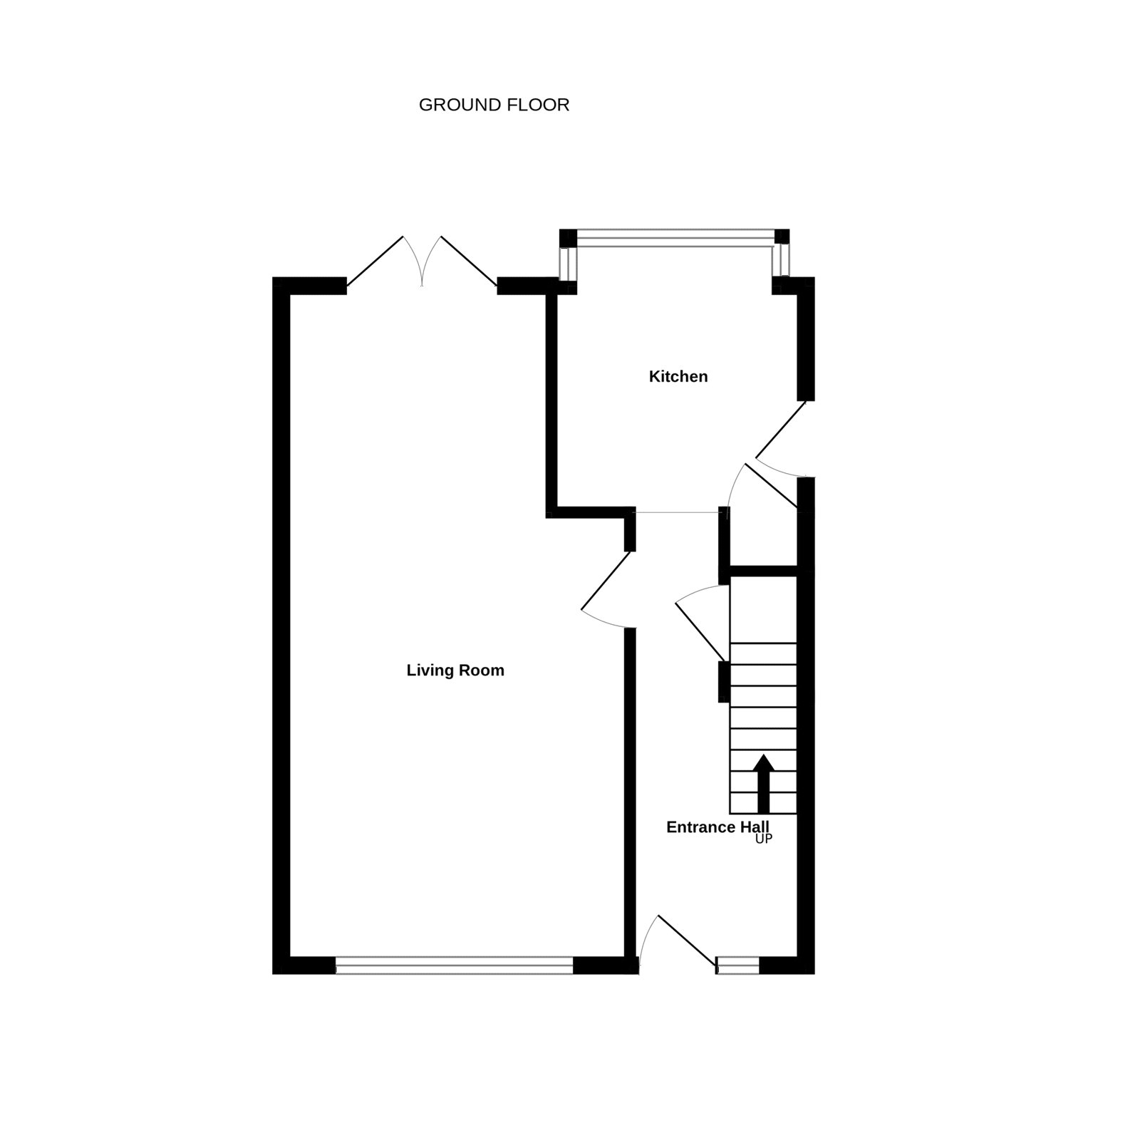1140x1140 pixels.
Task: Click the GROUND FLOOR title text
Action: tap(494, 105)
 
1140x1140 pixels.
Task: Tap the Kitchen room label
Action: tap(678, 376)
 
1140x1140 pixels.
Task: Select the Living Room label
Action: tap(455, 670)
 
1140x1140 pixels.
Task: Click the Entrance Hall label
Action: tap(717, 826)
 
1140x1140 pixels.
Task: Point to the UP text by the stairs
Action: tap(764, 839)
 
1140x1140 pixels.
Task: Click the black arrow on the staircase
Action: tap(764, 784)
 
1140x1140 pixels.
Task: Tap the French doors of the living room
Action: tap(422, 261)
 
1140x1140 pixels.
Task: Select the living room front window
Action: tap(454, 965)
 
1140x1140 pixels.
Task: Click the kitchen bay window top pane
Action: tap(675, 238)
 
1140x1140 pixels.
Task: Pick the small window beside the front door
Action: tap(738, 965)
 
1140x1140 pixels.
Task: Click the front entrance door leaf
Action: tap(687, 940)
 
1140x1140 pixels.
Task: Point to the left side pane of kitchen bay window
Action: tap(567, 264)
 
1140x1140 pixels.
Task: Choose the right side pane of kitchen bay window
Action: tap(782, 260)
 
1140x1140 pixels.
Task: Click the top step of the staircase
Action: tap(763, 653)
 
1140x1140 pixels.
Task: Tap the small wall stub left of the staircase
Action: tap(724, 682)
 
